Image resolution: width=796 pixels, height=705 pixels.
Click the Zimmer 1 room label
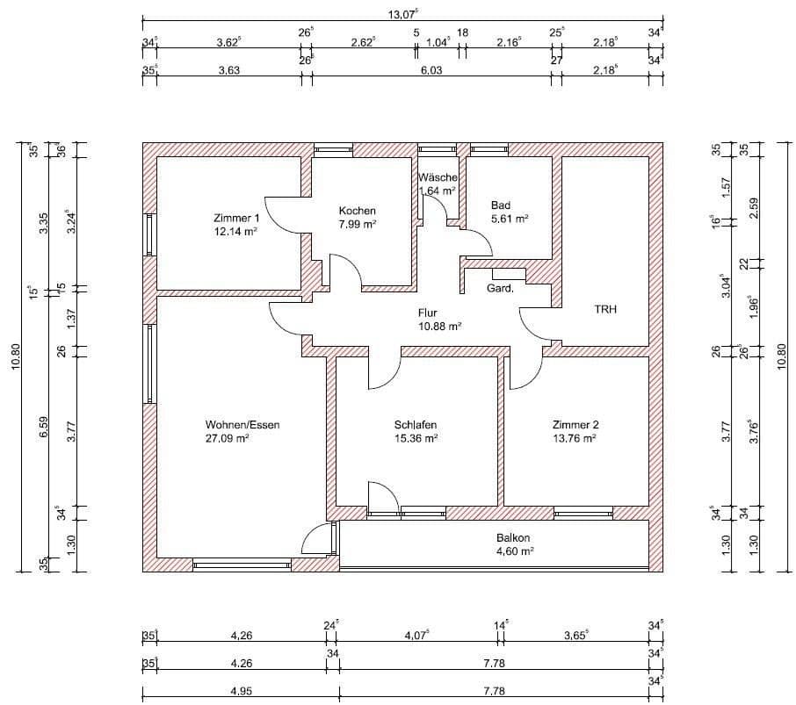236,218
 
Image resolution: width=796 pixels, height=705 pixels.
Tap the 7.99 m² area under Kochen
358,225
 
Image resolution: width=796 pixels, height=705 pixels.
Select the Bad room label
501,205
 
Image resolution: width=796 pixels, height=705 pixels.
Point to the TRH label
605,309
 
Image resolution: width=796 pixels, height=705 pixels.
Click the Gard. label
500,287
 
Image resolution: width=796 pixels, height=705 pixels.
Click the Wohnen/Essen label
242,425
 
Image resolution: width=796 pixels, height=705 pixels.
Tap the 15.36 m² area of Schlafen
416,438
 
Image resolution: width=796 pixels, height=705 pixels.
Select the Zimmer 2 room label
575,425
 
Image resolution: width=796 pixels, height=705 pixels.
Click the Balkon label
512,538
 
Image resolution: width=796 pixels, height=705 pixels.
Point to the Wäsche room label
437,177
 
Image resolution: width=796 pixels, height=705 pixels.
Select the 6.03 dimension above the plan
430,70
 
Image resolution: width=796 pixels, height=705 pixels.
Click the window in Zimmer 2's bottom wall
583,513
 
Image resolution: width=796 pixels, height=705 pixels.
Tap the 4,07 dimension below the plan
416,636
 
